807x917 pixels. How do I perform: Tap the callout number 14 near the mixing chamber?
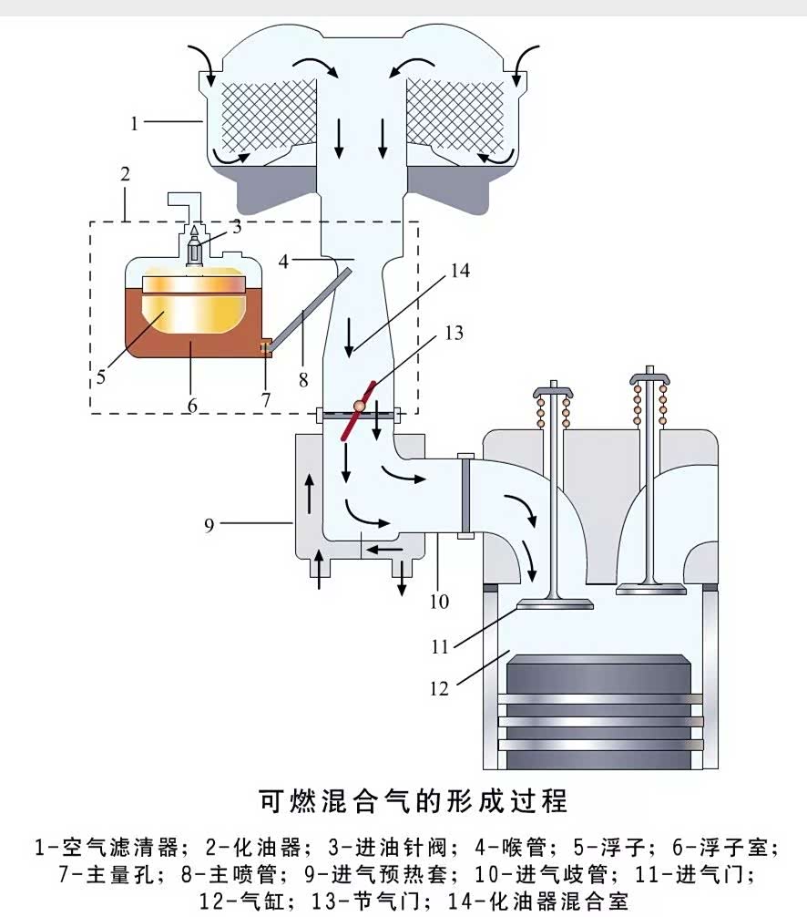[460, 272]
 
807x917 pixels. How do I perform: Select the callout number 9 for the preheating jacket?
[209, 526]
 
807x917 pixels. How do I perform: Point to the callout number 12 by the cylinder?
[439, 688]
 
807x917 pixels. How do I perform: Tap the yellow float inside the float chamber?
[193, 307]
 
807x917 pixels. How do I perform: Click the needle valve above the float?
[194, 248]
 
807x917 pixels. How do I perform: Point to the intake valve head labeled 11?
[554, 603]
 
